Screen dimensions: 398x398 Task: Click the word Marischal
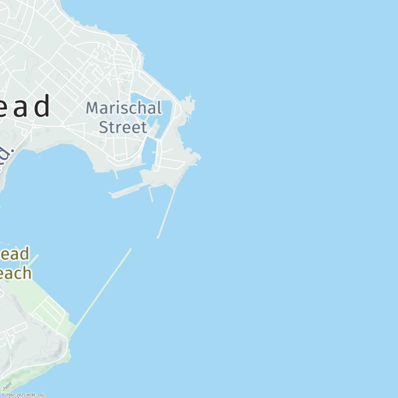(x=124, y=108)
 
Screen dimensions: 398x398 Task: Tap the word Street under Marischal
(x=123, y=127)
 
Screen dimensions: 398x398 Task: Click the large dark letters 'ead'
(x=25, y=106)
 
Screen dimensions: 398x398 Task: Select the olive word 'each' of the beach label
(x=15, y=273)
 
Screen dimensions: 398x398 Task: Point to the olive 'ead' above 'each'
(x=15, y=254)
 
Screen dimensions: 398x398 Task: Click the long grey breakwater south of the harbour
(x=167, y=211)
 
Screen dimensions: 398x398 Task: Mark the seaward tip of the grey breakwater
(x=158, y=237)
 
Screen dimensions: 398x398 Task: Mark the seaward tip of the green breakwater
(x=130, y=249)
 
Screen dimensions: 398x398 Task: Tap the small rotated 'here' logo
(x=7, y=387)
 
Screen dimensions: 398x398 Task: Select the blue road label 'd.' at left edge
(x=4, y=157)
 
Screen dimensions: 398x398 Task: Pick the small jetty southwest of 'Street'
(x=116, y=175)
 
